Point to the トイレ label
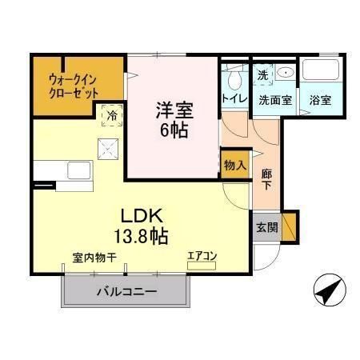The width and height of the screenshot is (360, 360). [234, 100]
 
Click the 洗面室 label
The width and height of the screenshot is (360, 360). [274, 101]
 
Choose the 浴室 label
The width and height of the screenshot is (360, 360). [320, 101]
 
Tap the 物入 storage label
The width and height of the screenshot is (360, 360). [234, 164]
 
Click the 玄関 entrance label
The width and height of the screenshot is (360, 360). [267, 226]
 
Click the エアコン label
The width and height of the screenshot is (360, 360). [202, 257]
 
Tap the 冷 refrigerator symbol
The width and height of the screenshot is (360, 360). [112, 115]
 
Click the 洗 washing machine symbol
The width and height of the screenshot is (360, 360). [262, 75]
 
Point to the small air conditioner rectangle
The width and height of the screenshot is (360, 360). [202, 266]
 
